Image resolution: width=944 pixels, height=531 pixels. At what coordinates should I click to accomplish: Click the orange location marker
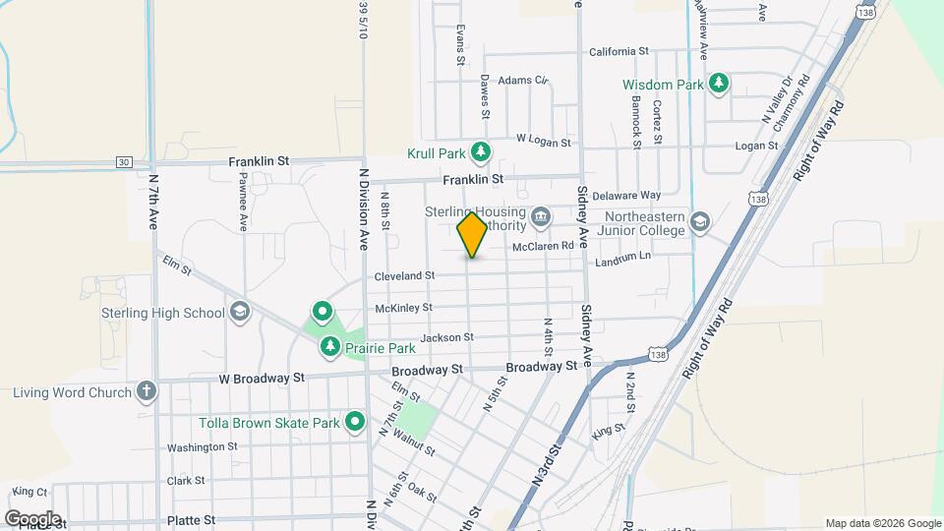(x=473, y=235)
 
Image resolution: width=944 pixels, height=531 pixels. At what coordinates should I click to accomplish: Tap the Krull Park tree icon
(x=481, y=151)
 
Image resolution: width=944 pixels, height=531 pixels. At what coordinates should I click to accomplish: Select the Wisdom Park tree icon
(x=720, y=84)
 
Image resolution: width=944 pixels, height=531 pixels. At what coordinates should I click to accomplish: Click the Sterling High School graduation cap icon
(x=238, y=313)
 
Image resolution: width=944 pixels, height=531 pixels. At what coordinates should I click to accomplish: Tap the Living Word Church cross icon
(x=147, y=391)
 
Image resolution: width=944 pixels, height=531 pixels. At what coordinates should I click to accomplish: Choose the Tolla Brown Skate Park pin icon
(x=355, y=423)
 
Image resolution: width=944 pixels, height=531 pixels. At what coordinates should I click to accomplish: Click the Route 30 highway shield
(x=123, y=162)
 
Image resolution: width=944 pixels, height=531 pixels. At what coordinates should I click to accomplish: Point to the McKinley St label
(x=403, y=308)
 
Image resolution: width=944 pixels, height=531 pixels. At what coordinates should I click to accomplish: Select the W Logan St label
(x=543, y=142)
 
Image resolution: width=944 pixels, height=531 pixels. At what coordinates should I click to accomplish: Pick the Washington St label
(x=202, y=446)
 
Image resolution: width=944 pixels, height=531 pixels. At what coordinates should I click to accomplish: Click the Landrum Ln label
(x=623, y=259)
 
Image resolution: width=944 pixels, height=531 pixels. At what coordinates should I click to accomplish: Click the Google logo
(x=32, y=518)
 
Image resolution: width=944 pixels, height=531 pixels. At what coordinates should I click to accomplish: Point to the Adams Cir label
(x=522, y=81)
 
